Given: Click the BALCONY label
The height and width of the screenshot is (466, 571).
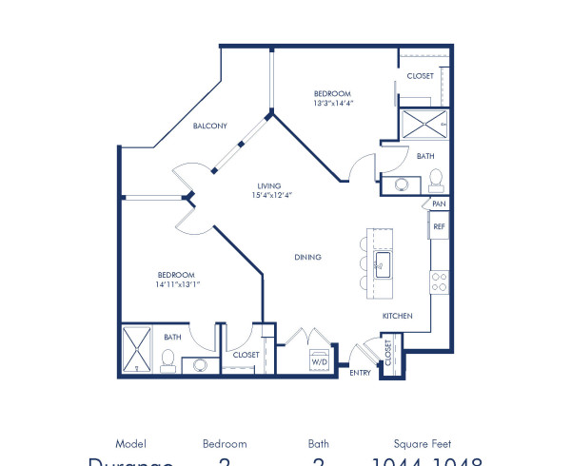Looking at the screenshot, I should [x=209, y=126].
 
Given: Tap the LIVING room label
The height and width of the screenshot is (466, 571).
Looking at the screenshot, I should [x=271, y=186].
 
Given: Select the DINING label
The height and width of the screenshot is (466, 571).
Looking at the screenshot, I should [x=307, y=257].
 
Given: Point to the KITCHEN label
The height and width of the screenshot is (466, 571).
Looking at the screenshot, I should [x=397, y=315].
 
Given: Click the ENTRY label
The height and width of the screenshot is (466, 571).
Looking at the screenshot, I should [x=361, y=374].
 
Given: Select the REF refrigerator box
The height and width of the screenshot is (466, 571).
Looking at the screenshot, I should [x=439, y=226].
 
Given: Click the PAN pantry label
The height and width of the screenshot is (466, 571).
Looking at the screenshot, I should [x=438, y=204].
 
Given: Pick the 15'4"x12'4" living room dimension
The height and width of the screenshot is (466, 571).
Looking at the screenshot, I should [x=271, y=196].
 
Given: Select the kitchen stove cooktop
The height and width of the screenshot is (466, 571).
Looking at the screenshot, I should [x=440, y=281].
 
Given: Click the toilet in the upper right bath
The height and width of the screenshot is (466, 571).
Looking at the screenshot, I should [x=436, y=179].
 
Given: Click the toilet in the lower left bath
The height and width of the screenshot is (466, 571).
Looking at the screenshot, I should [x=167, y=359].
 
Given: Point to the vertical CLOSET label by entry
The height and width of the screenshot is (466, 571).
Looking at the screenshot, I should [x=388, y=353].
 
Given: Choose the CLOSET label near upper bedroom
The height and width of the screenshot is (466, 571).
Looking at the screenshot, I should [x=420, y=75].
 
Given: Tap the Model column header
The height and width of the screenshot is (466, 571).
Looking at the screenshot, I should [x=130, y=443].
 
